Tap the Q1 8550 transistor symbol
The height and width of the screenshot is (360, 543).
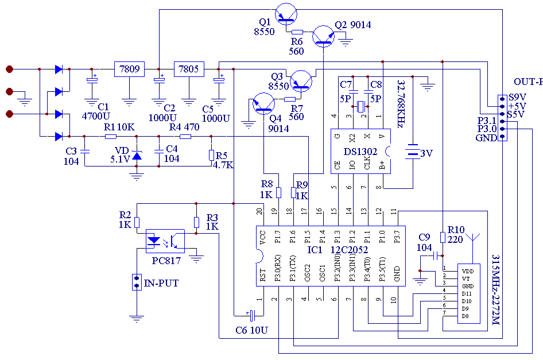(286, 13)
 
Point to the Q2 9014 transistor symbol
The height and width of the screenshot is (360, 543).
(324, 36)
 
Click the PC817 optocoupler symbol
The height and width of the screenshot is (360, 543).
(164, 240)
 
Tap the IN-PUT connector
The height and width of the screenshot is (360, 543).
(137, 282)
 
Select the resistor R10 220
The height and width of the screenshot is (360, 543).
(443, 237)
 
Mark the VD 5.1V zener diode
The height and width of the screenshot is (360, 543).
(137, 155)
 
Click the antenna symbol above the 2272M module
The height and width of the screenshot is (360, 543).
(474, 237)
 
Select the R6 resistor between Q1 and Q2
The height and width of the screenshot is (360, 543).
(297, 32)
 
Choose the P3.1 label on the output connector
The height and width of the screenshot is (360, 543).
(486, 120)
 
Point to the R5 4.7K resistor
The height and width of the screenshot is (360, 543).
(211, 155)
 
